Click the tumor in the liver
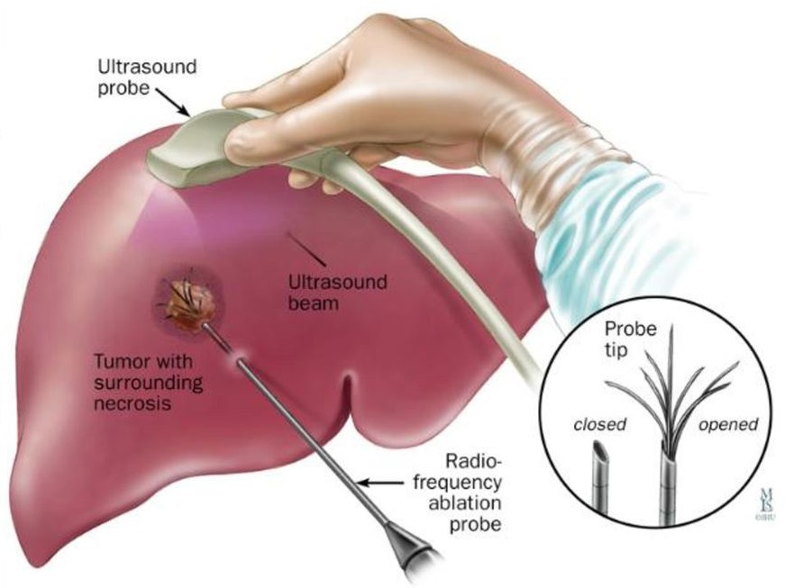(190, 300)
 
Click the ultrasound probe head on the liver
(194, 153)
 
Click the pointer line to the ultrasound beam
(300, 245)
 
